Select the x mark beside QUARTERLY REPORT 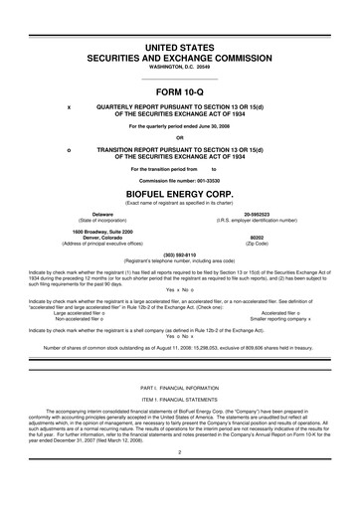68,106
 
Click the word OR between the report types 179,137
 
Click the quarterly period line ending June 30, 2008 179,125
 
